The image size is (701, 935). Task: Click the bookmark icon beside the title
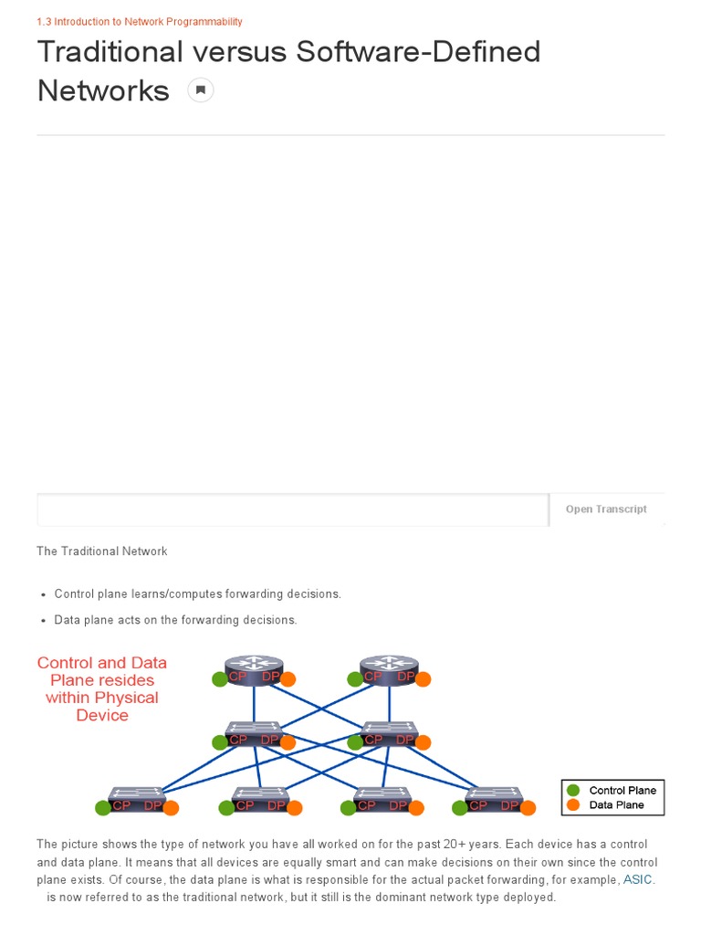point(201,90)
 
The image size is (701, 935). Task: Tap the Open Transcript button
point(606,510)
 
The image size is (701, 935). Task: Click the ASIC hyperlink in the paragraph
point(638,880)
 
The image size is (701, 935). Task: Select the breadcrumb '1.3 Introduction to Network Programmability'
point(140,21)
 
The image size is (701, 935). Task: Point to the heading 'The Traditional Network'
point(102,552)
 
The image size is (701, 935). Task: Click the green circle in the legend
point(573,791)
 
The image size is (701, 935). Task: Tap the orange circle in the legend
point(573,804)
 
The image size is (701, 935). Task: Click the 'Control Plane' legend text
point(623,791)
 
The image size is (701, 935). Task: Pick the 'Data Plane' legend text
point(616,804)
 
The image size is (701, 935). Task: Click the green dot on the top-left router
point(219,679)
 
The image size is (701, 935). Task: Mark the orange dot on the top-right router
point(423,679)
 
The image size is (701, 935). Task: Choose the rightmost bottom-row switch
point(493,798)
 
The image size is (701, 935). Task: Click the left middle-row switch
point(254,732)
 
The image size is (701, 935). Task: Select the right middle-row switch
point(389,732)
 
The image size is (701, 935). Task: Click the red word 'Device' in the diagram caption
point(102,715)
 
